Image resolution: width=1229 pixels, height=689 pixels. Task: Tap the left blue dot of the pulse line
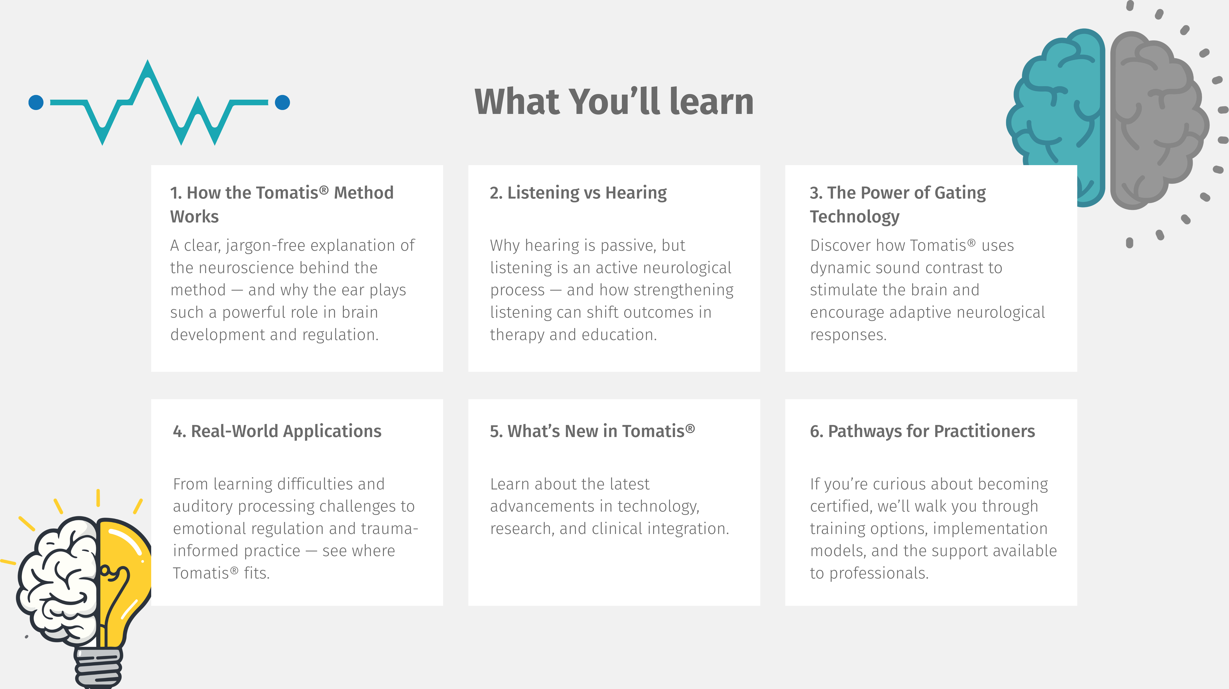pos(36,102)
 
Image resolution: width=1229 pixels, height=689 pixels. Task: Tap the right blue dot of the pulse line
pos(282,102)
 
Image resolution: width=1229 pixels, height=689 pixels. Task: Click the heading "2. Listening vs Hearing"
pos(578,192)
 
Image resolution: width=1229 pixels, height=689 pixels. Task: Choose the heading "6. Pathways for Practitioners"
pos(922,431)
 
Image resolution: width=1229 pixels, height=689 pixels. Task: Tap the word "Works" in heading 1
pos(194,216)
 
